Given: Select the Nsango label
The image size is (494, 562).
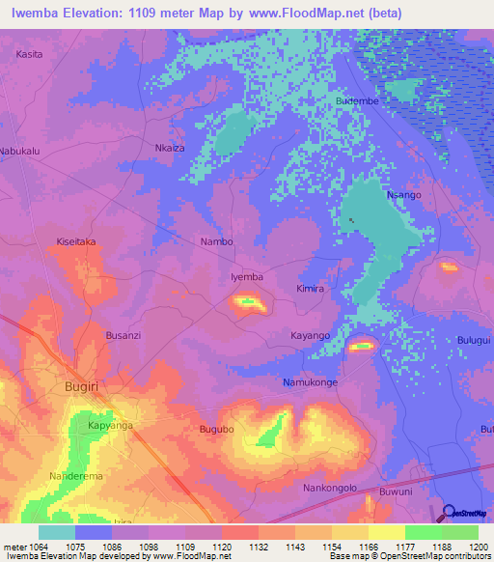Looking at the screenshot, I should [x=403, y=195].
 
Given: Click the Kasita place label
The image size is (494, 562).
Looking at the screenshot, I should [x=29, y=55].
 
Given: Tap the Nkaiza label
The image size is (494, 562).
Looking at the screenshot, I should [x=170, y=149].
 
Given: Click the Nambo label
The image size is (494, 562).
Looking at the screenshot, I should [x=216, y=241].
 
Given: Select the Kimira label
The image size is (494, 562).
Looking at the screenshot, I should [x=311, y=289].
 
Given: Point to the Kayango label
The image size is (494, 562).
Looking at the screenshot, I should [x=311, y=335].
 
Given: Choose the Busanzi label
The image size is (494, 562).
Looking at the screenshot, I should [x=123, y=335].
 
